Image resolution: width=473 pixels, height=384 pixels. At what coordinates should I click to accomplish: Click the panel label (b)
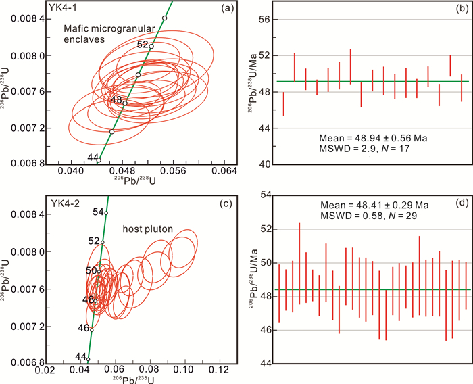tap(462, 11)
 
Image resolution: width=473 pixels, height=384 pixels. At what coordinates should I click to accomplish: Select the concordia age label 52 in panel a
tap(143, 45)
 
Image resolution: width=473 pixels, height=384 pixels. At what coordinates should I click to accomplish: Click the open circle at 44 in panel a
tap(98, 160)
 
